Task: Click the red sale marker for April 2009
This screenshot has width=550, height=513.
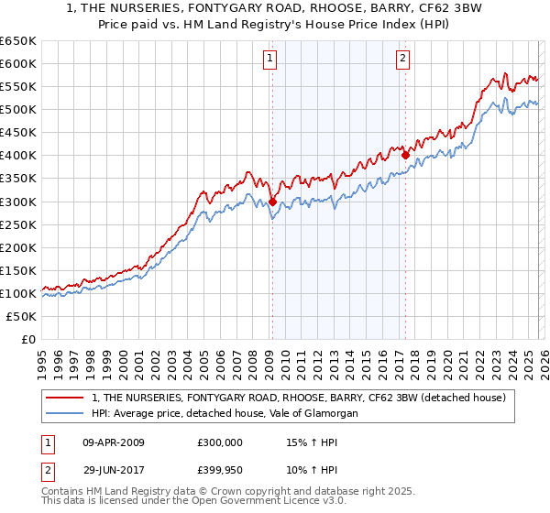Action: click(272, 202)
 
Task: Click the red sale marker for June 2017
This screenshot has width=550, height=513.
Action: click(404, 156)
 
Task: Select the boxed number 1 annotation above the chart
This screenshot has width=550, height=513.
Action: click(271, 60)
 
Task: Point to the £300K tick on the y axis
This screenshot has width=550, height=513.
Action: click(18, 202)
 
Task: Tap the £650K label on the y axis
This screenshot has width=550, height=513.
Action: click(18, 41)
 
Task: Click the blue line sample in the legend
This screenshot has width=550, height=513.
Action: click(66, 413)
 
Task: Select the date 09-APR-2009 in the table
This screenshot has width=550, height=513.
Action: click(114, 442)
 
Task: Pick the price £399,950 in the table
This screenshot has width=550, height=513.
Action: click(222, 469)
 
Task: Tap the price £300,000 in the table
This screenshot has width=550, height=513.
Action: click(222, 442)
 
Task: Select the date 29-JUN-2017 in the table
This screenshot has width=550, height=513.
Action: click(114, 469)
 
